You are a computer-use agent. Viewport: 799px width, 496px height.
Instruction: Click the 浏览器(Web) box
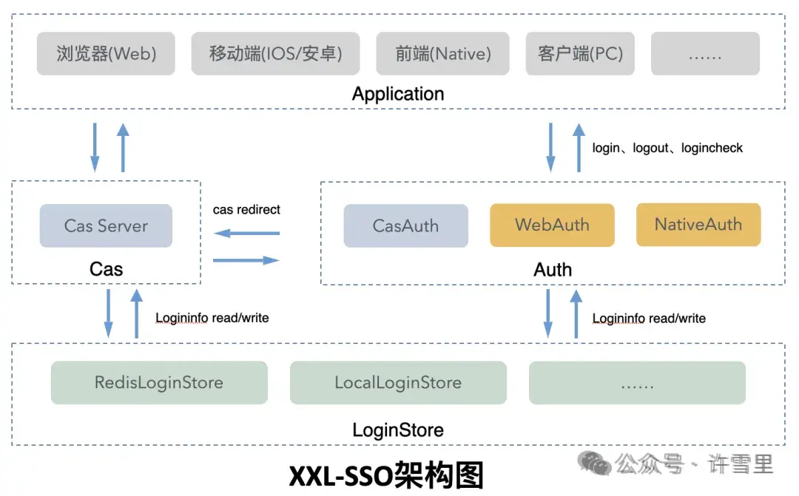click(106, 53)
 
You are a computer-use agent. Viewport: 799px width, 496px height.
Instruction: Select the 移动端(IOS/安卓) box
click(275, 53)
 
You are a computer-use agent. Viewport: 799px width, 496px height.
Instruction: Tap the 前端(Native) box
click(443, 53)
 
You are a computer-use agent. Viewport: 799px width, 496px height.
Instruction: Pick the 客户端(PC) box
click(580, 53)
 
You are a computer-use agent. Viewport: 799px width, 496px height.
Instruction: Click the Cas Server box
click(106, 225)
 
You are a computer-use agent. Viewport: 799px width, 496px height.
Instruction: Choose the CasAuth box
click(405, 225)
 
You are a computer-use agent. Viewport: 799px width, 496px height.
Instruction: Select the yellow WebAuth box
click(552, 225)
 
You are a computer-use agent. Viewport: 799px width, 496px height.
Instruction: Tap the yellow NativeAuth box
click(698, 225)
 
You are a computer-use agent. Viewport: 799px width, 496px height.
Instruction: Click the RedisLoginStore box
click(159, 382)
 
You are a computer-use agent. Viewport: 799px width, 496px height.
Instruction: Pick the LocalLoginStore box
click(398, 382)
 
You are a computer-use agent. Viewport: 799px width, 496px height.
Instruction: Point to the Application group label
click(398, 94)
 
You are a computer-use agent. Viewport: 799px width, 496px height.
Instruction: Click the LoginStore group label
click(398, 429)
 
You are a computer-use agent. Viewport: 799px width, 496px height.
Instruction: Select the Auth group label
click(553, 269)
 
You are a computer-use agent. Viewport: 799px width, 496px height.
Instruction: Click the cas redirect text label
click(246, 210)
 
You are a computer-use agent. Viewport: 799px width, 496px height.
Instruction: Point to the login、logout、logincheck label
click(667, 148)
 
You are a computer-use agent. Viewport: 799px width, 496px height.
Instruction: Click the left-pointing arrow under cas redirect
click(246, 234)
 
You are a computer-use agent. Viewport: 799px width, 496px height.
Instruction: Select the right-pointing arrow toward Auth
click(246, 260)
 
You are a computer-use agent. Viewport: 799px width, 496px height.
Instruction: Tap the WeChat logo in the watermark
click(596, 464)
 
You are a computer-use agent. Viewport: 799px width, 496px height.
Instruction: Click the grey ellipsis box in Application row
click(705, 53)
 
